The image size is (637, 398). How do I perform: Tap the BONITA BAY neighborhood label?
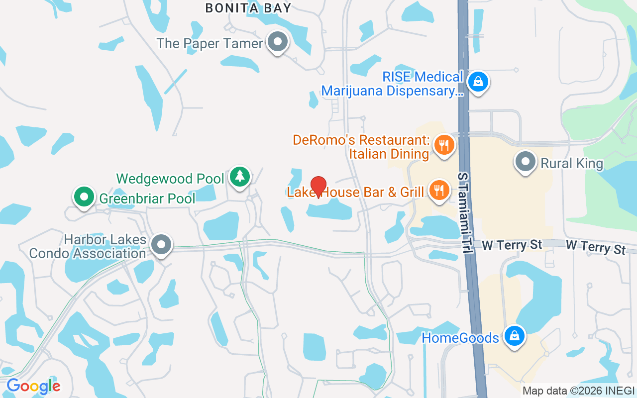pyautogui.click(x=248, y=8)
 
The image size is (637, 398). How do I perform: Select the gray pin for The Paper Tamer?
pyautogui.click(x=278, y=42)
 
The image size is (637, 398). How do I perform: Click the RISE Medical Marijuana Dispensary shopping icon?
pyautogui.click(x=478, y=82)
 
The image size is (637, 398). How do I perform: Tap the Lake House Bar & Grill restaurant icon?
pyautogui.click(x=439, y=191)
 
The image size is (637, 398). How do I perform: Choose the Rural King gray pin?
pyautogui.click(x=525, y=162)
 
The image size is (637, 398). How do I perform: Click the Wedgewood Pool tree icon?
pyautogui.click(x=240, y=176)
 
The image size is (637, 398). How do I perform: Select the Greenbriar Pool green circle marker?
pyautogui.click(x=84, y=197)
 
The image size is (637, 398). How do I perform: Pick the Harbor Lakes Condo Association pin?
pyautogui.click(x=161, y=245)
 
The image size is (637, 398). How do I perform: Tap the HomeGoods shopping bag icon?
pyautogui.click(x=514, y=336)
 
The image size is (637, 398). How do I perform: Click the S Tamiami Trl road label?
pyautogui.click(x=465, y=213)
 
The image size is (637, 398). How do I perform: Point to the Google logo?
pyautogui.click(x=33, y=386)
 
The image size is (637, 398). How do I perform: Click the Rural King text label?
pyautogui.click(x=572, y=164)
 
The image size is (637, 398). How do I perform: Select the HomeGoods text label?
pyautogui.click(x=460, y=338)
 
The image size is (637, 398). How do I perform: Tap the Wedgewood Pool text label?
pyautogui.click(x=170, y=179)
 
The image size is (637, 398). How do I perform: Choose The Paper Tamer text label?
pyautogui.click(x=210, y=44)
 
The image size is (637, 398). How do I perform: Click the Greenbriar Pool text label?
pyautogui.click(x=147, y=199)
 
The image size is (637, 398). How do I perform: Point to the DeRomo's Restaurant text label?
pyautogui.click(x=361, y=147)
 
